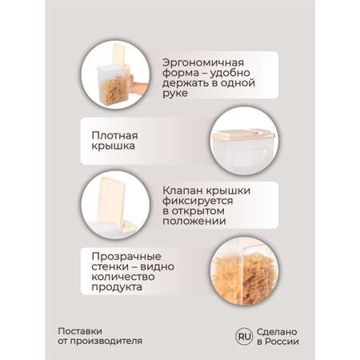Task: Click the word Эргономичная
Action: click(x=203, y=63)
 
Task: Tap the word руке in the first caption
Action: click(x=175, y=94)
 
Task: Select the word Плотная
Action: click(x=114, y=135)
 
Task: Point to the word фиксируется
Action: click(x=198, y=201)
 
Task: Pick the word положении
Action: click(x=194, y=221)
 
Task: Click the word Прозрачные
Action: click(x=126, y=257)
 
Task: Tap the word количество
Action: click(x=123, y=277)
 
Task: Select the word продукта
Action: click(x=117, y=287)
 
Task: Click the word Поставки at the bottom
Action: click(x=80, y=331)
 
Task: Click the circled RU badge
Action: click(x=244, y=337)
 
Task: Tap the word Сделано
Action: click(x=277, y=332)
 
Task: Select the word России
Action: click(x=282, y=342)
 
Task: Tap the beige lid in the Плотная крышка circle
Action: click(x=242, y=135)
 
